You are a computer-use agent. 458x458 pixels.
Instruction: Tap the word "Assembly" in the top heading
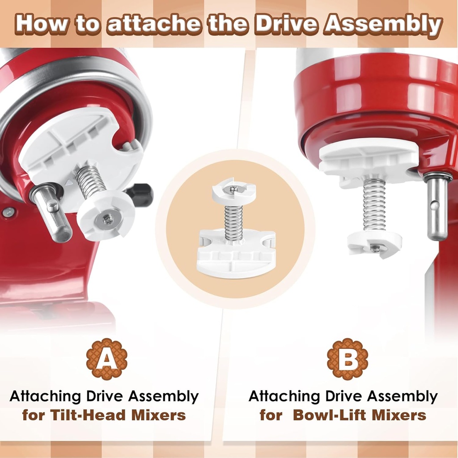pyautogui.click(x=383, y=25)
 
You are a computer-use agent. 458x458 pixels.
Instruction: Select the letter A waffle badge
pyautogui.click(x=107, y=359)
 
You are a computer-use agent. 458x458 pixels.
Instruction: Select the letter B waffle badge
pyautogui.click(x=348, y=359)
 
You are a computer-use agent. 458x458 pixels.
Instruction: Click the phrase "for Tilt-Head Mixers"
pyautogui.click(x=104, y=415)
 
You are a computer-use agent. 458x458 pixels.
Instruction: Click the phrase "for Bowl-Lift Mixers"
pyautogui.click(x=343, y=415)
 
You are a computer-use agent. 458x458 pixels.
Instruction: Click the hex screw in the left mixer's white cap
pyautogui.click(x=108, y=219)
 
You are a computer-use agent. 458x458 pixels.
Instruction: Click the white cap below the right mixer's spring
pyautogui.click(x=375, y=244)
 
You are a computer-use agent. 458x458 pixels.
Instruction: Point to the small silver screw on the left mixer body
pyautogui.click(x=8, y=213)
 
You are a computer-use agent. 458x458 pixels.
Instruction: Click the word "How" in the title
pyautogui.click(x=44, y=25)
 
